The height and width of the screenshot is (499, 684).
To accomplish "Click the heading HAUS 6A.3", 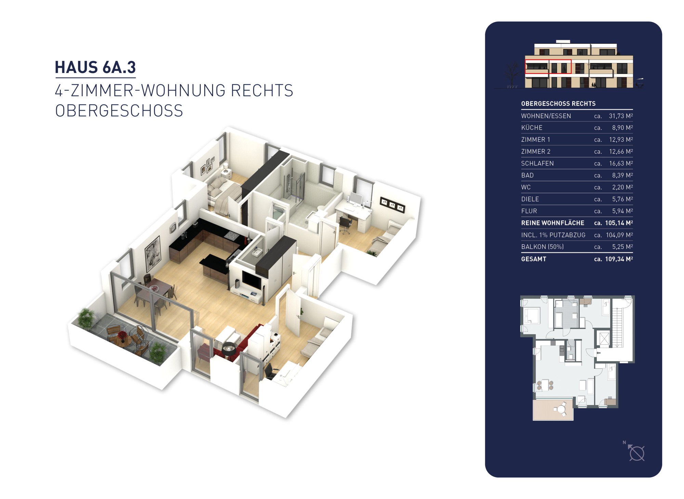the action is (95, 67).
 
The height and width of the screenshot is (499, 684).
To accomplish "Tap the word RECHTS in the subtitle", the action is (262, 91).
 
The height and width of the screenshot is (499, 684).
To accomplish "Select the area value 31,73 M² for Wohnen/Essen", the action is (621, 116).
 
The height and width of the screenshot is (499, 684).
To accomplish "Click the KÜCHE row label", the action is (532, 128).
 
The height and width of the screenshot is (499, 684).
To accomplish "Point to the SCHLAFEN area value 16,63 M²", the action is (621, 163).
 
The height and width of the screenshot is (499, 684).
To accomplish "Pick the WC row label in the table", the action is (526, 187).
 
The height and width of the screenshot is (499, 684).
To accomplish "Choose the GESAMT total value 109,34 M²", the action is (619, 259).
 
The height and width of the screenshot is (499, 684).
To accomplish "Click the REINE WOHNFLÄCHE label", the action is (553, 223).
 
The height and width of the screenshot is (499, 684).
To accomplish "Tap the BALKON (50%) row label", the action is (542, 247).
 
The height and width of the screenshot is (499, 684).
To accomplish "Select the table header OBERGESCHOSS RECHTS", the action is (558, 103).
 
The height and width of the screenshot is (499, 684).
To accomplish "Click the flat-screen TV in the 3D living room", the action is (252, 279).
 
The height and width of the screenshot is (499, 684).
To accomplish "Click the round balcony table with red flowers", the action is (122, 337).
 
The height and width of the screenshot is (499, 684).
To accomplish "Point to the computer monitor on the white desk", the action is (356, 199).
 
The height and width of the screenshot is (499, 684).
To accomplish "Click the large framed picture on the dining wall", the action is (153, 253).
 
